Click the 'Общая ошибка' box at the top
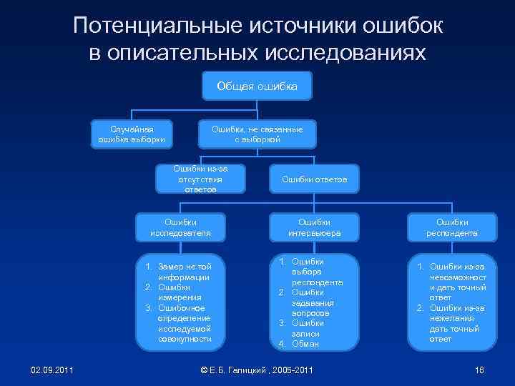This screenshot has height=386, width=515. (x=257, y=86)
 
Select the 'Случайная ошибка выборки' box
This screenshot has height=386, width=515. (x=132, y=134)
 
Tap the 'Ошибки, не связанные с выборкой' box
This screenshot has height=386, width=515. (x=257, y=134)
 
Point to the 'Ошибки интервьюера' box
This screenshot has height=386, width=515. (x=314, y=227)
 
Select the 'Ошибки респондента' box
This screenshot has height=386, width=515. (x=452, y=227)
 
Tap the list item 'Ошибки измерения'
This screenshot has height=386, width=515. (x=182, y=292)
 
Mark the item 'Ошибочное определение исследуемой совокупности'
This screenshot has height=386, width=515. (x=184, y=323)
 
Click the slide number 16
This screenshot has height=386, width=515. (x=479, y=369)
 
